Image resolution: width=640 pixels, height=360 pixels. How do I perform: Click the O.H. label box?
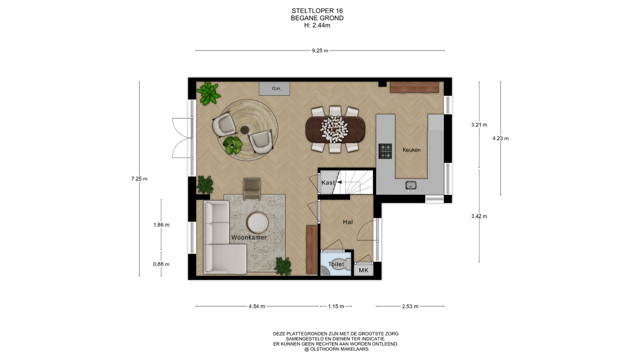(274, 89)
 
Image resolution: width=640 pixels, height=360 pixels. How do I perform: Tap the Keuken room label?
(411, 150)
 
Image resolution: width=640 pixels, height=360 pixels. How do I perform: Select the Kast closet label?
(328, 183)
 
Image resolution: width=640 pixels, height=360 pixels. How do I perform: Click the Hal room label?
(348, 222)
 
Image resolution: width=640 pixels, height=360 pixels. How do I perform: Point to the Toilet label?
(336, 264)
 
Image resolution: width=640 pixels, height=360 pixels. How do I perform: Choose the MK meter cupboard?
(364, 270)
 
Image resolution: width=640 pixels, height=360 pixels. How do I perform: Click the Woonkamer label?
(249, 238)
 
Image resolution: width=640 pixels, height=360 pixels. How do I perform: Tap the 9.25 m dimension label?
(320, 51)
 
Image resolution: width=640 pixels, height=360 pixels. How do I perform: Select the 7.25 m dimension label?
(139, 179)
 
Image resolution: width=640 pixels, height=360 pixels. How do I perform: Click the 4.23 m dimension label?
(501, 138)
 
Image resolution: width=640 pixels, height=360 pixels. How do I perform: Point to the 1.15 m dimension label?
(336, 306)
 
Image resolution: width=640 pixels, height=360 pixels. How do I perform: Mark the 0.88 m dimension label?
(161, 264)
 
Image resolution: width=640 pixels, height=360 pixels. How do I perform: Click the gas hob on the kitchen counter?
(385, 151)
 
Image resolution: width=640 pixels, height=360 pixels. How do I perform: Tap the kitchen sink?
(411, 185)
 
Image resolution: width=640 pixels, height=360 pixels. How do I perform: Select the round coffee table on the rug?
(257, 223)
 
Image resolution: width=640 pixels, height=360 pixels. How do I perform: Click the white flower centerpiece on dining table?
(334, 129)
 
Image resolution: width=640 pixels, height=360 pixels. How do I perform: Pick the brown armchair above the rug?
(252, 189)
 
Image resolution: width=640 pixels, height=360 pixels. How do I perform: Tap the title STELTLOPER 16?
(317, 11)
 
